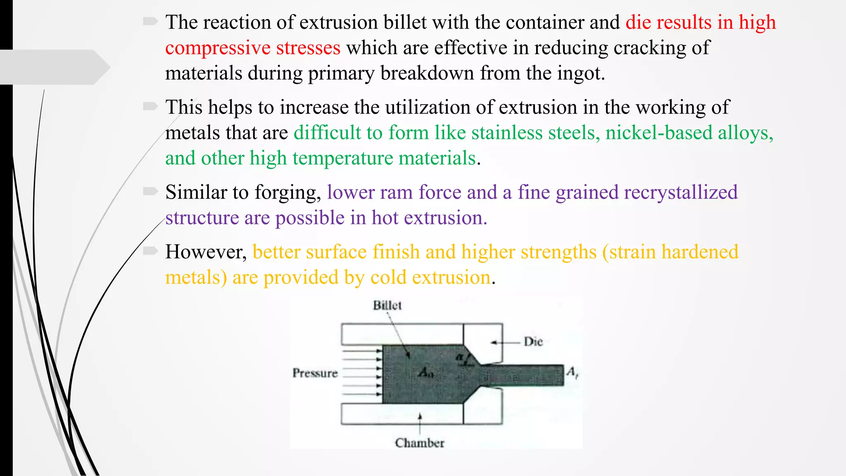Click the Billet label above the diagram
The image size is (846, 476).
(x=387, y=305)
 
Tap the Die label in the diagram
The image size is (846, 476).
(x=533, y=342)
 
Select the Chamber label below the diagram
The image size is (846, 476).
(x=419, y=443)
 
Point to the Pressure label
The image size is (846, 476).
(x=315, y=373)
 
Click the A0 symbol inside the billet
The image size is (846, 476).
(x=425, y=373)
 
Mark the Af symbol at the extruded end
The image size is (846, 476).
(x=572, y=372)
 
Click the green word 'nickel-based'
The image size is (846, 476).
(x=659, y=133)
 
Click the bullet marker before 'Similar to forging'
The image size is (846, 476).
(x=150, y=191)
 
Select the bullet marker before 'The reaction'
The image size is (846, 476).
(x=150, y=21)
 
